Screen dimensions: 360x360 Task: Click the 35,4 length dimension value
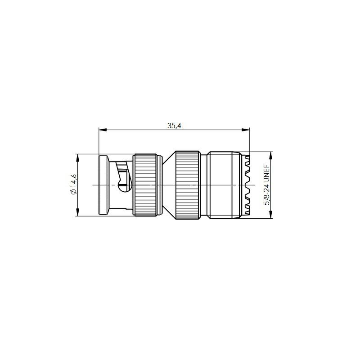click(174, 126)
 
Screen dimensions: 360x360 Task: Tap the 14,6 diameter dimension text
click(74, 181)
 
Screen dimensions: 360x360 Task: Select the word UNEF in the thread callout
click(267, 172)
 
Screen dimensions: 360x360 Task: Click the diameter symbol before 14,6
click(74, 192)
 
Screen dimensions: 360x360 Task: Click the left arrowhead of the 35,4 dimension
click(103, 130)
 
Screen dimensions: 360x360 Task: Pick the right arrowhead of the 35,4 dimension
click(246, 130)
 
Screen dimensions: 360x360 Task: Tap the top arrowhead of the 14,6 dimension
click(77, 158)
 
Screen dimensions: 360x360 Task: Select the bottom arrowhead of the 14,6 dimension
click(77, 212)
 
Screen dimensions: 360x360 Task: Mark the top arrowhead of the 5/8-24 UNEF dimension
click(271, 156)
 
